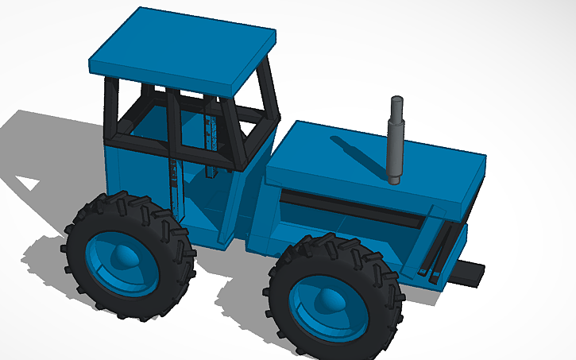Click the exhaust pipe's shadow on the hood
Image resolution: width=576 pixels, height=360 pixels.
[x=358, y=155]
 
